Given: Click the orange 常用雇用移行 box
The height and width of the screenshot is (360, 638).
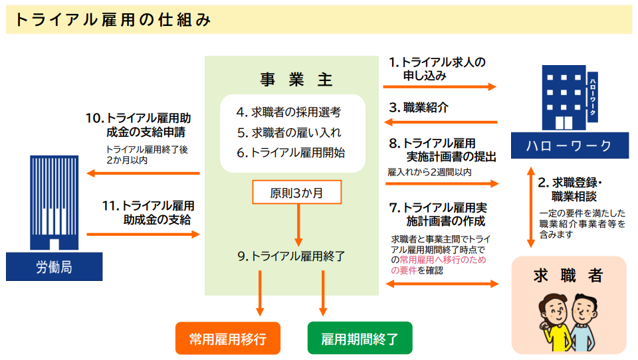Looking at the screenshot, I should pyautogui.click(x=227, y=339).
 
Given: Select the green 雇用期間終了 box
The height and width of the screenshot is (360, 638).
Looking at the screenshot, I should pyautogui.click(x=360, y=339).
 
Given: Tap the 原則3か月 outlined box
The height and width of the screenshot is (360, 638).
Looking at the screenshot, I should pyautogui.click(x=296, y=193).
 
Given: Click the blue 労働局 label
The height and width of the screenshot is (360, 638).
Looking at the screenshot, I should pyautogui.click(x=54, y=268).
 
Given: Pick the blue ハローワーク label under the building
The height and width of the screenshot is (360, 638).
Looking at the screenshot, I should pyautogui.click(x=570, y=146).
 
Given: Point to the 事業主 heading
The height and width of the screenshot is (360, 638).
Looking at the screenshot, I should pyautogui.click(x=296, y=80).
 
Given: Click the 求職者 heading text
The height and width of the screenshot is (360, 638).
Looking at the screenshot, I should pyautogui.click(x=568, y=275).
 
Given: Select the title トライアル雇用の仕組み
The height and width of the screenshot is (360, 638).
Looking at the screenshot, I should pyautogui.click(x=113, y=21).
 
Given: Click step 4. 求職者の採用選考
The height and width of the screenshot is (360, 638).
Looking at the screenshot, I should pyautogui.click(x=288, y=112).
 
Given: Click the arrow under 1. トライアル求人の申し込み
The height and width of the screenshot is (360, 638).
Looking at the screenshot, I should pyautogui.click(x=440, y=86).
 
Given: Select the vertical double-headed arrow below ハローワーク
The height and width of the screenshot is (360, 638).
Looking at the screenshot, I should pyautogui.click(x=530, y=207).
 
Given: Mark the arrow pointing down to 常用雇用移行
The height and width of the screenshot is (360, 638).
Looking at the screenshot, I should pyautogui.click(x=260, y=292).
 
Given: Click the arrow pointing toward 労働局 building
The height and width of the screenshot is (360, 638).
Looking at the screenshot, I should pyautogui.click(x=144, y=173).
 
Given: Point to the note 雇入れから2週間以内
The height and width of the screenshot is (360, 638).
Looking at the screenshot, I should pyautogui.click(x=429, y=172).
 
